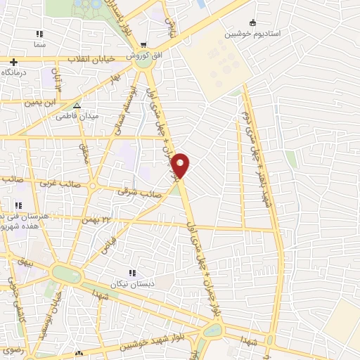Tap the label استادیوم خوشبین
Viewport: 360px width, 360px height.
click(x=252, y=34)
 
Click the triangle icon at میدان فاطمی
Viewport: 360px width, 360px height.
click(x=77, y=105)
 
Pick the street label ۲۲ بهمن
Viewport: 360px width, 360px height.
click(x=97, y=220)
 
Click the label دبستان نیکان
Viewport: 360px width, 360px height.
click(x=131, y=284)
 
